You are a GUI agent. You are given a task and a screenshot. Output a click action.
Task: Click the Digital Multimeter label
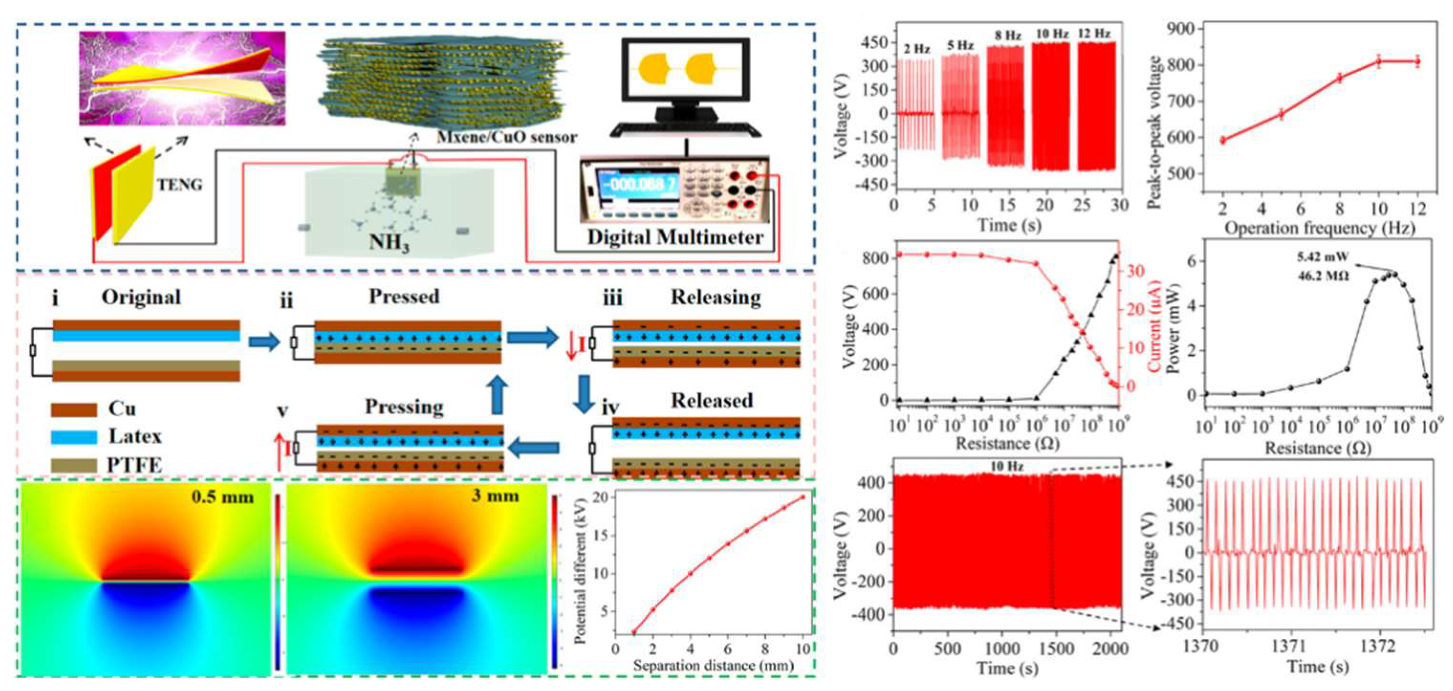[675, 237]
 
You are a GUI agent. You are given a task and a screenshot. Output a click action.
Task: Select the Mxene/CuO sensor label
[507, 137]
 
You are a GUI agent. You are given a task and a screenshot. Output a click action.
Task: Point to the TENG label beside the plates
[179, 184]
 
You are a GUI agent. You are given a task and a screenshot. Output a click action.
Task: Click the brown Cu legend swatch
[74, 410]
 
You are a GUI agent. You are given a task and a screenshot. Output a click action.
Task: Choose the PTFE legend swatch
[74, 465]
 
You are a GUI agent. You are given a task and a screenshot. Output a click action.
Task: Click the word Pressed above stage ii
[404, 297]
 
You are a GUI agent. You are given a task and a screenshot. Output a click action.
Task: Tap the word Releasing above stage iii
[715, 297]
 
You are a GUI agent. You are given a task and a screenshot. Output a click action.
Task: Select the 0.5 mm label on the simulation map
[222, 497]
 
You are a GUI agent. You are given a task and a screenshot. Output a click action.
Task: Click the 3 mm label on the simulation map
[495, 496]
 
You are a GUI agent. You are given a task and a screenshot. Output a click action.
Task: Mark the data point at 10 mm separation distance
[802, 497]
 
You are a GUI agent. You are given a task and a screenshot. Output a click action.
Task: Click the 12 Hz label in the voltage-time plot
[1094, 34]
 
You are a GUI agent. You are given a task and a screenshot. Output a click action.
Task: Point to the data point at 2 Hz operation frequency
[1223, 140]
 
